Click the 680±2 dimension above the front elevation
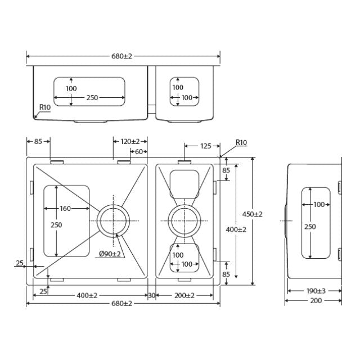(x=121, y=57)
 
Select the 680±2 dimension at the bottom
(x=121, y=304)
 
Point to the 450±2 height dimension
(x=253, y=214)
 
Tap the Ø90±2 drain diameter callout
(x=110, y=254)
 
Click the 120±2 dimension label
(x=130, y=141)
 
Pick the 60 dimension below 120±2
(x=137, y=151)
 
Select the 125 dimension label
(x=205, y=146)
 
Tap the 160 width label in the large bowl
(x=65, y=209)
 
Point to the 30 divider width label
(x=151, y=295)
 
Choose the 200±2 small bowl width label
(x=184, y=295)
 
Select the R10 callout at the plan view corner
(x=241, y=143)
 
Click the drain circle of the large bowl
(x=114, y=220)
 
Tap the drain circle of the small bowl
(x=183, y=220)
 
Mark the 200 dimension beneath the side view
(x=316, y=301)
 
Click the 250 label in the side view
(x=310, y=227)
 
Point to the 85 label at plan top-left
(x=38, y=141)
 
